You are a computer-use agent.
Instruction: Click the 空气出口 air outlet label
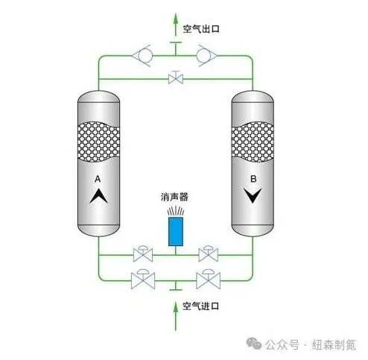[x=201, y=29]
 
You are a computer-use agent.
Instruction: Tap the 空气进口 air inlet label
[x=201, y=306]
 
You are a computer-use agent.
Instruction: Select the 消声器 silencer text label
[x=174, y=197]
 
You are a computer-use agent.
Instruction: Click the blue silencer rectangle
[x=176, y=231]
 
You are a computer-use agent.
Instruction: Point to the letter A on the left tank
[x=98, y=179]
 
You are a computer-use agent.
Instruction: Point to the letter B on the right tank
[x=253, y=179]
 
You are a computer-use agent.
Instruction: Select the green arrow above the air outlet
[x=176, y=25]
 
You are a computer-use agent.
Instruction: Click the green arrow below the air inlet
[x=176, y=316]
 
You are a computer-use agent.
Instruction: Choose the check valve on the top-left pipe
[x=142, y=56]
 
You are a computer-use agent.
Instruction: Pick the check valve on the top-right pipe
[x=207, y=56]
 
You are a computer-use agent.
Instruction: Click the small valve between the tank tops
[x=176, y=78]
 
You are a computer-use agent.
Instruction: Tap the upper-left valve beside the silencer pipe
[x=143, y=254]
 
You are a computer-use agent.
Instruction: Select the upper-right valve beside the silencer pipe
[x=209, y=254]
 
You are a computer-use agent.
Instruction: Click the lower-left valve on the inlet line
[x=143, y=280]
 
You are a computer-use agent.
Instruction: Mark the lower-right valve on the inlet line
[x=208, y=280]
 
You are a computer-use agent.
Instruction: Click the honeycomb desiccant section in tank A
[x=98, y=142]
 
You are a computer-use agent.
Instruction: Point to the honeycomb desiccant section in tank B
[x=253, y=142]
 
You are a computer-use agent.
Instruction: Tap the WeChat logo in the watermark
[x=254, y=344]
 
